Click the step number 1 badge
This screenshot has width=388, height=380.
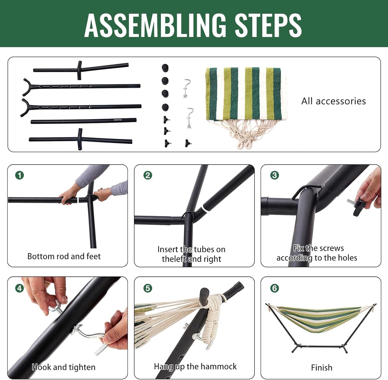click(20, 175)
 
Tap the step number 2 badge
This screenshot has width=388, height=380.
click(148, 175)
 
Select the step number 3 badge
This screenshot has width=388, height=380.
click(274, 175)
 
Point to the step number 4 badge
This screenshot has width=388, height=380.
click(20, 288)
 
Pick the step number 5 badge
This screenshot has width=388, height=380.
click(148, 288)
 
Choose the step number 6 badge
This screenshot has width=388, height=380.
click(274, 288)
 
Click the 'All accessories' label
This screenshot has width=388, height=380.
click(333, 101)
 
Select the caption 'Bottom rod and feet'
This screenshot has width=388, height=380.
click(64, 256)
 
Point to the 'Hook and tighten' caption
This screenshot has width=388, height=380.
click(64, 367)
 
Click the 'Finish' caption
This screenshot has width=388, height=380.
click(322, 368)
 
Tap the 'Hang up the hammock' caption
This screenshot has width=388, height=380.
click(195, 367)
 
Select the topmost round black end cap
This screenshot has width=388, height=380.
click(165, 67)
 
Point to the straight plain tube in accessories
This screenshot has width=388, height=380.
click(84, 121)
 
